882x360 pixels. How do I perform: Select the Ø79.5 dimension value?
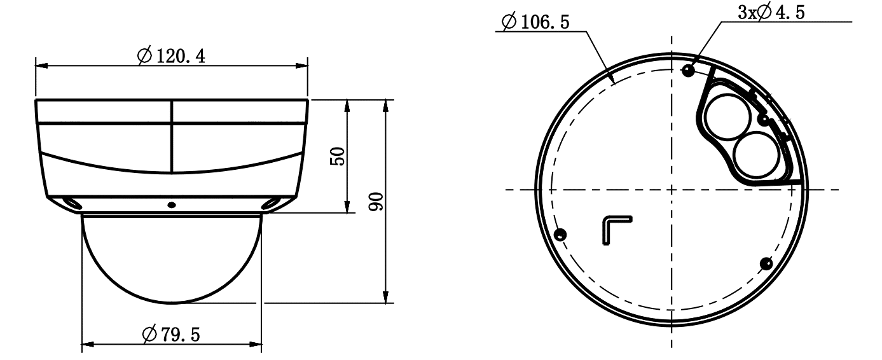pos(170,333)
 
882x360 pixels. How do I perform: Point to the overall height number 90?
pos(376,202)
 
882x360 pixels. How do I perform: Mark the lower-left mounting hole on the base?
pos(560,235)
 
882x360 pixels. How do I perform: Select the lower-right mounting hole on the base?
pos(767,263)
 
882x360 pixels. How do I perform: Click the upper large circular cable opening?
pos(725,116)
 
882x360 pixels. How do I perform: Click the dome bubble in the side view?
pos(171,258)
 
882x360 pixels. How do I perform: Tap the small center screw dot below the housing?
pos(171,205)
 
